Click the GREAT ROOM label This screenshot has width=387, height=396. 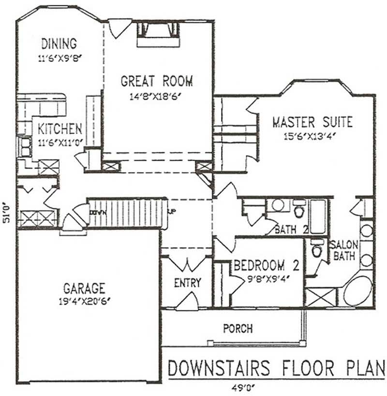tap(156, 81)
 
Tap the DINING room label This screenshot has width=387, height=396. tap(59, 44)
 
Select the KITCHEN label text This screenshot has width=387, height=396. tap(60, 129)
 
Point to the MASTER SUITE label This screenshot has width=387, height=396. tap(312, 122)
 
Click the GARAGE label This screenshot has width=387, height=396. tap(84, 289)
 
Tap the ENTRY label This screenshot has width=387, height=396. tap(187, 283)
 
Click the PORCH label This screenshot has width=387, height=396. tap(238, 329)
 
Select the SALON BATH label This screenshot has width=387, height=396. tap(344, 250)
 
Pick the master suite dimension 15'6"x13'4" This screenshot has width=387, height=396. tap(311, 136)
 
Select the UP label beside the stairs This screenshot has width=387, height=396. tap(171, 211)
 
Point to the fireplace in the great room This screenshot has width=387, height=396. tap(158, 34)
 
